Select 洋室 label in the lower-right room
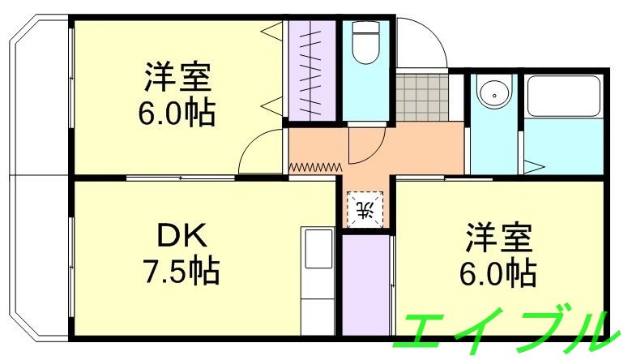click(498, 239)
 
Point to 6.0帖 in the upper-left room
click(177, 112)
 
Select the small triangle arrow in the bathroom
click(535, 167)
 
